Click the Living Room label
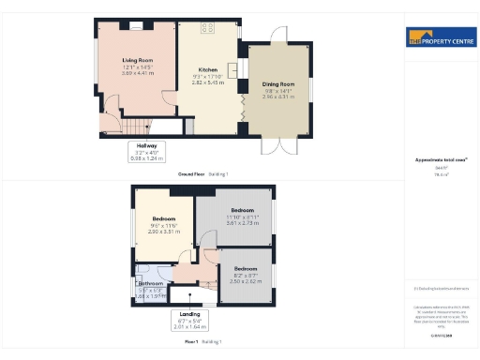(137, 61)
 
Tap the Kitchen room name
(207, 69)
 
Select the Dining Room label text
(278, 83)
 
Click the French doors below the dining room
(283, 144)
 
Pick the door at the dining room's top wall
(278, 36)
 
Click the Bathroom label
(151, 283)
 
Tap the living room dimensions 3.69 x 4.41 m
(137, 72)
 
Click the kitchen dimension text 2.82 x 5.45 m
(207, 82)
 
